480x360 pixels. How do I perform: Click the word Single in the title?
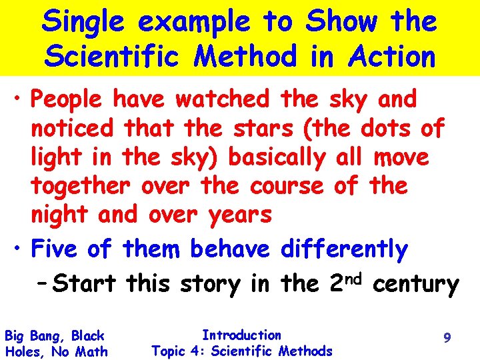coord(83,23)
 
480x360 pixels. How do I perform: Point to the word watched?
coord(223,100)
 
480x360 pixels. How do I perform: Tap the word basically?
coord(277,157)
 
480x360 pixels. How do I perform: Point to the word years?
coord(239,215)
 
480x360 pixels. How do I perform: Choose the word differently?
coord(344,250)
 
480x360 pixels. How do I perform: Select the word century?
coord(416,285)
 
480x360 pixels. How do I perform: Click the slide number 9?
coord(447,339)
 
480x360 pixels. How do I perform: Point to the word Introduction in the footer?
coord(241,335)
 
